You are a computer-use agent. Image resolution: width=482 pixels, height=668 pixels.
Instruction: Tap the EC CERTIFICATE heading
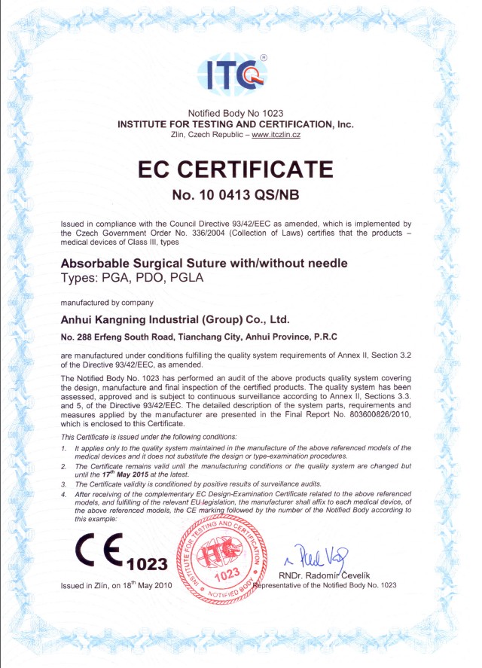(x=236, y=169)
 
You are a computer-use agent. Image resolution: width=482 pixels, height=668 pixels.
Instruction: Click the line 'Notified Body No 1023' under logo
(x=236, y=112)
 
